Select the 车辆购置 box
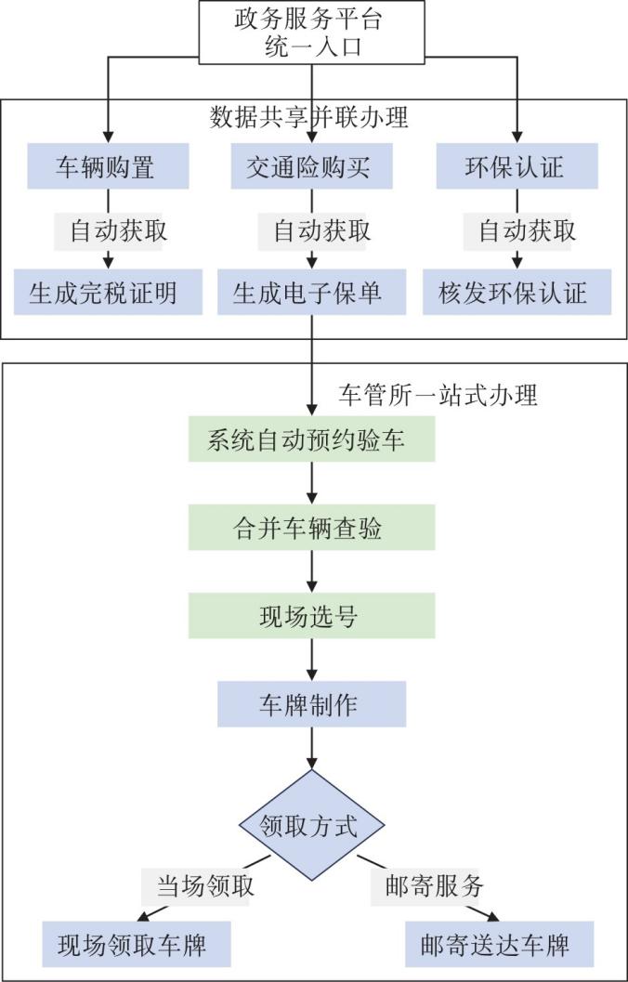pyautogui.click(x=108, y=167)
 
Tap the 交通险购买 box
pyautogui.click(x=312, y=167)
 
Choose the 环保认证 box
pyautogui.click(x=517, y=167)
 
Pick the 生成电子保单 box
pyautogui.click(x=312, y=293)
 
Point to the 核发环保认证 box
pyautogui.click(x=517, y=293)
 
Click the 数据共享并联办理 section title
pyautogui.click(x=310, y=118)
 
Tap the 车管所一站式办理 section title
pyautogui.click(x=437, y=395)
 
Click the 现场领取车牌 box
pyautogui.click(x=136, y=946)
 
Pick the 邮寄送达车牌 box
pyautogui.click(x=499, y=946)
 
